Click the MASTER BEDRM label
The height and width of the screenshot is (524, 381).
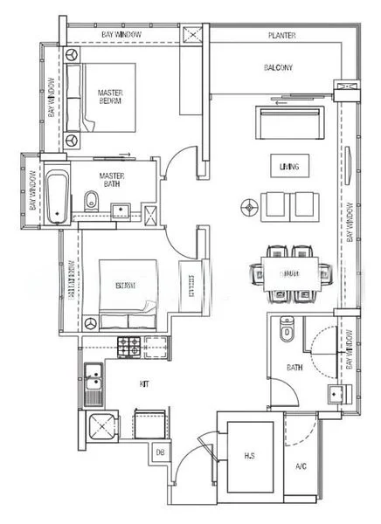[109, 96]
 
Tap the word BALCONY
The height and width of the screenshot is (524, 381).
[278, 67]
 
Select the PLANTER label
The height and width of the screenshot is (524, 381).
[281, 36]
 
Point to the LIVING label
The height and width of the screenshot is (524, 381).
[283, 166]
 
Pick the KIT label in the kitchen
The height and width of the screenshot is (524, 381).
[145, 383]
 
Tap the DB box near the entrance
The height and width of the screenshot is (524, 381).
[160, 452]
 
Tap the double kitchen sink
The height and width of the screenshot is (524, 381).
[93, 385]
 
